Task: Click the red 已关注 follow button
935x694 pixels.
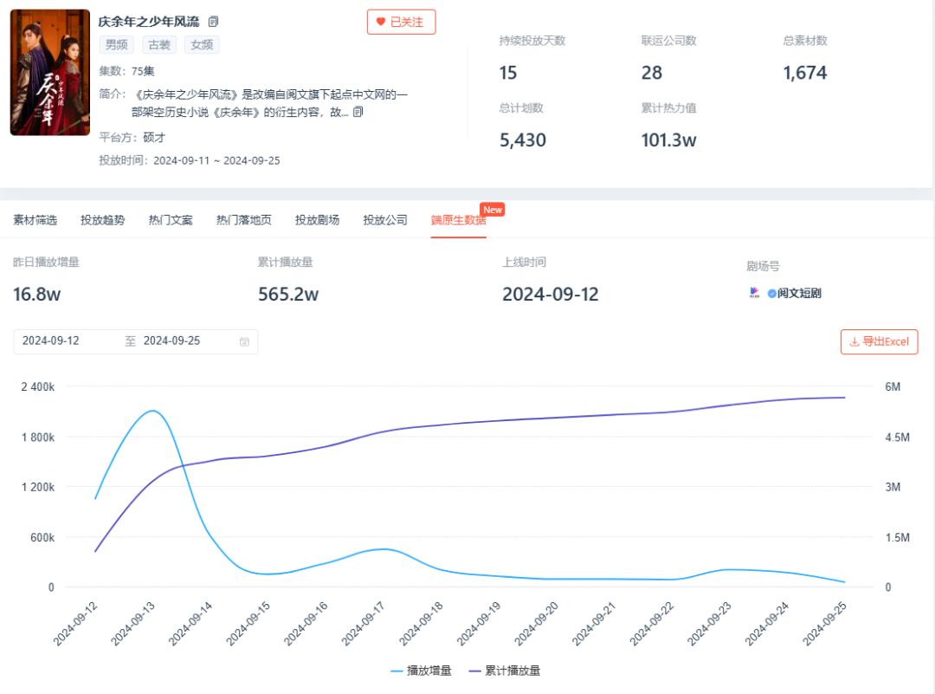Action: tap(401, 23)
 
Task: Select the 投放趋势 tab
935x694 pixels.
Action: tap(102, 220)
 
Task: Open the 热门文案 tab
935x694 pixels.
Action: tap(171, 220)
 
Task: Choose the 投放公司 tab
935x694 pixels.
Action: tap(385, 220)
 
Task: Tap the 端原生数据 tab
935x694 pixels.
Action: tap(458, 220)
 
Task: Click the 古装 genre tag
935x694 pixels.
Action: tap(159, 45)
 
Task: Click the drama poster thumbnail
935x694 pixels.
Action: tap(50, 72)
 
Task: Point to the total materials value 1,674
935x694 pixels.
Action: tap(805, 73)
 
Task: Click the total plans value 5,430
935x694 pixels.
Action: tap(523, 140)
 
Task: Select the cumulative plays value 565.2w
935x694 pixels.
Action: tap(288, 295)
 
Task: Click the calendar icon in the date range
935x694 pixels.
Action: tap(245, 342)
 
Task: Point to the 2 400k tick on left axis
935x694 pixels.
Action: tap(38, 386)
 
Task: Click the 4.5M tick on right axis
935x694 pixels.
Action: tap(897, 437)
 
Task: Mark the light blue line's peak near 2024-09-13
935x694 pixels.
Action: tap(153, 411)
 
